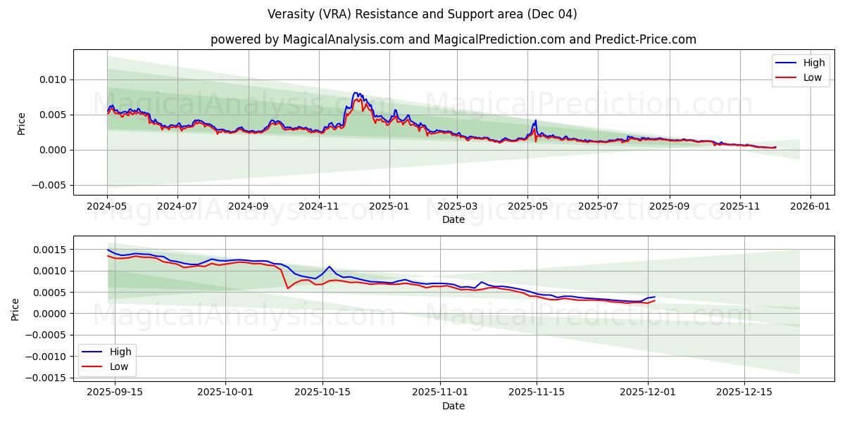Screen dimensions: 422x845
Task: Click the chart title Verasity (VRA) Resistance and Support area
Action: tap(423, 14)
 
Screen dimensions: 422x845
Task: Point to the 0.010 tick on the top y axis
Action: tap(54, 79)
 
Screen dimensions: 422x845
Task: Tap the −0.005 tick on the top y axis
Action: tap(51, 185)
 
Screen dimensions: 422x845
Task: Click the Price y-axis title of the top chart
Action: tap(21, 123)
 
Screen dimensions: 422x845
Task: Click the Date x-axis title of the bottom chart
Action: tap(453, 406)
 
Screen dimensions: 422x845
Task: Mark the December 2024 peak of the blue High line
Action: tap(356, 93)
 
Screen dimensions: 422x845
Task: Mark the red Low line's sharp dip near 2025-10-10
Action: tap(287, 288)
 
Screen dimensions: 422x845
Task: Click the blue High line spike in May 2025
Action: tap(535, 120)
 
